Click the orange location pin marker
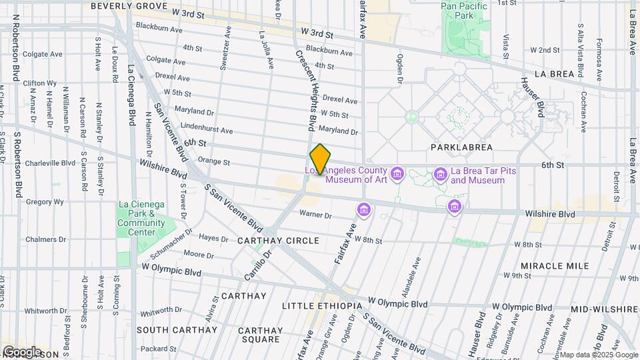point(320,159)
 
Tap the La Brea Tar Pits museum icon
point(440,175)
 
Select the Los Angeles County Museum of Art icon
point(397,175)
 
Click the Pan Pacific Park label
point(464,11)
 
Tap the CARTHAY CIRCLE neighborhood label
point(280,240)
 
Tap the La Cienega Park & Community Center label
point(141,218)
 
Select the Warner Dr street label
point(315,215)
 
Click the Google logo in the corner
point(21,351)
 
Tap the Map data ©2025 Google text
point(599,355)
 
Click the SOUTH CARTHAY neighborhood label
point(177,330)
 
